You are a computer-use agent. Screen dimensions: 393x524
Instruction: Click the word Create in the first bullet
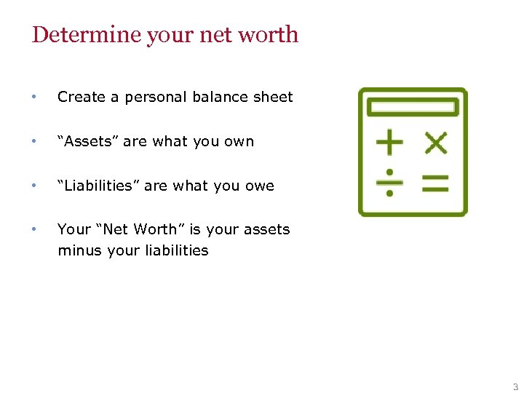pyautogui.click(x=80, y=97)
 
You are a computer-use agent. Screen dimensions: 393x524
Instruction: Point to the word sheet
pyautogui.click(x=272, y=97)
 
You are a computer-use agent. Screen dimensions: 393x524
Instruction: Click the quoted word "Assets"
pyautogui.click(x=88, y=141)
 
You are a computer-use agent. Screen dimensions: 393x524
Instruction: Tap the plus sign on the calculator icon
pyautogui.click(x=389, y=143)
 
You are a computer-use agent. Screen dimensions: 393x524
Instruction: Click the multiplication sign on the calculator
pyautogui.click(x=435, y=143)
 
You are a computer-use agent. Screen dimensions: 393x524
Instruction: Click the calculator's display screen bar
pyautogui.click(x=413, y=108)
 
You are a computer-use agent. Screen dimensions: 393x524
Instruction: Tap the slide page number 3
pyautogui.click(x=515, y=386)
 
